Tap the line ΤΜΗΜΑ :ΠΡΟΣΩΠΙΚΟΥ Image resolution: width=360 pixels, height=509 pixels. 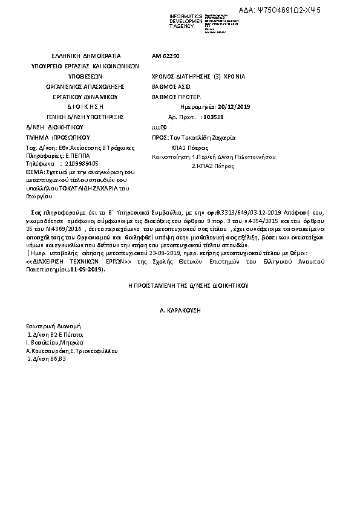coord(53,138)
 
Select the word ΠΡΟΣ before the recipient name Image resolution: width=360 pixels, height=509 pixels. coord(159,137)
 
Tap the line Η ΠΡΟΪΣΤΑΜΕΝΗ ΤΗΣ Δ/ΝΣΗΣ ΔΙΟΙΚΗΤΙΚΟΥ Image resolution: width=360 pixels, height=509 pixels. coord(180,284)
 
